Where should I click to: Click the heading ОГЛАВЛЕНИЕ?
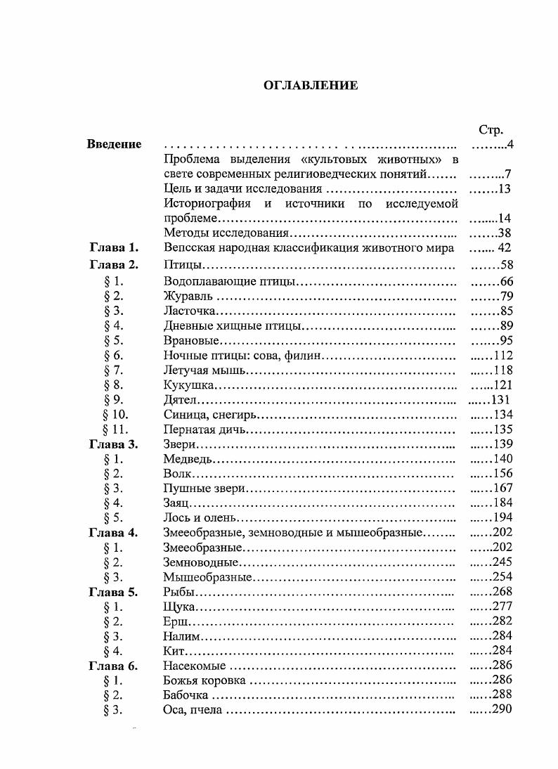(x=311, y=86)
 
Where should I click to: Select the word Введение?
(x=114, y=144)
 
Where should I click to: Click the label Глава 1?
(x=114, y=247)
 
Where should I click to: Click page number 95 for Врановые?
(x=505, y=340)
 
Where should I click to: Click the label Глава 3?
(x=114, y=444)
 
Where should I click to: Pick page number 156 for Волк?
(x=502, y=474)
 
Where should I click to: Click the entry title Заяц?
(x=176, y=503)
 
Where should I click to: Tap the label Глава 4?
(x=114, y=532)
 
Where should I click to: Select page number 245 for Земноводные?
(x=502, y=562)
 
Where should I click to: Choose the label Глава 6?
(x=114, y=665)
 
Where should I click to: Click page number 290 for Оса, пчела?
(x=502, y=709)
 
